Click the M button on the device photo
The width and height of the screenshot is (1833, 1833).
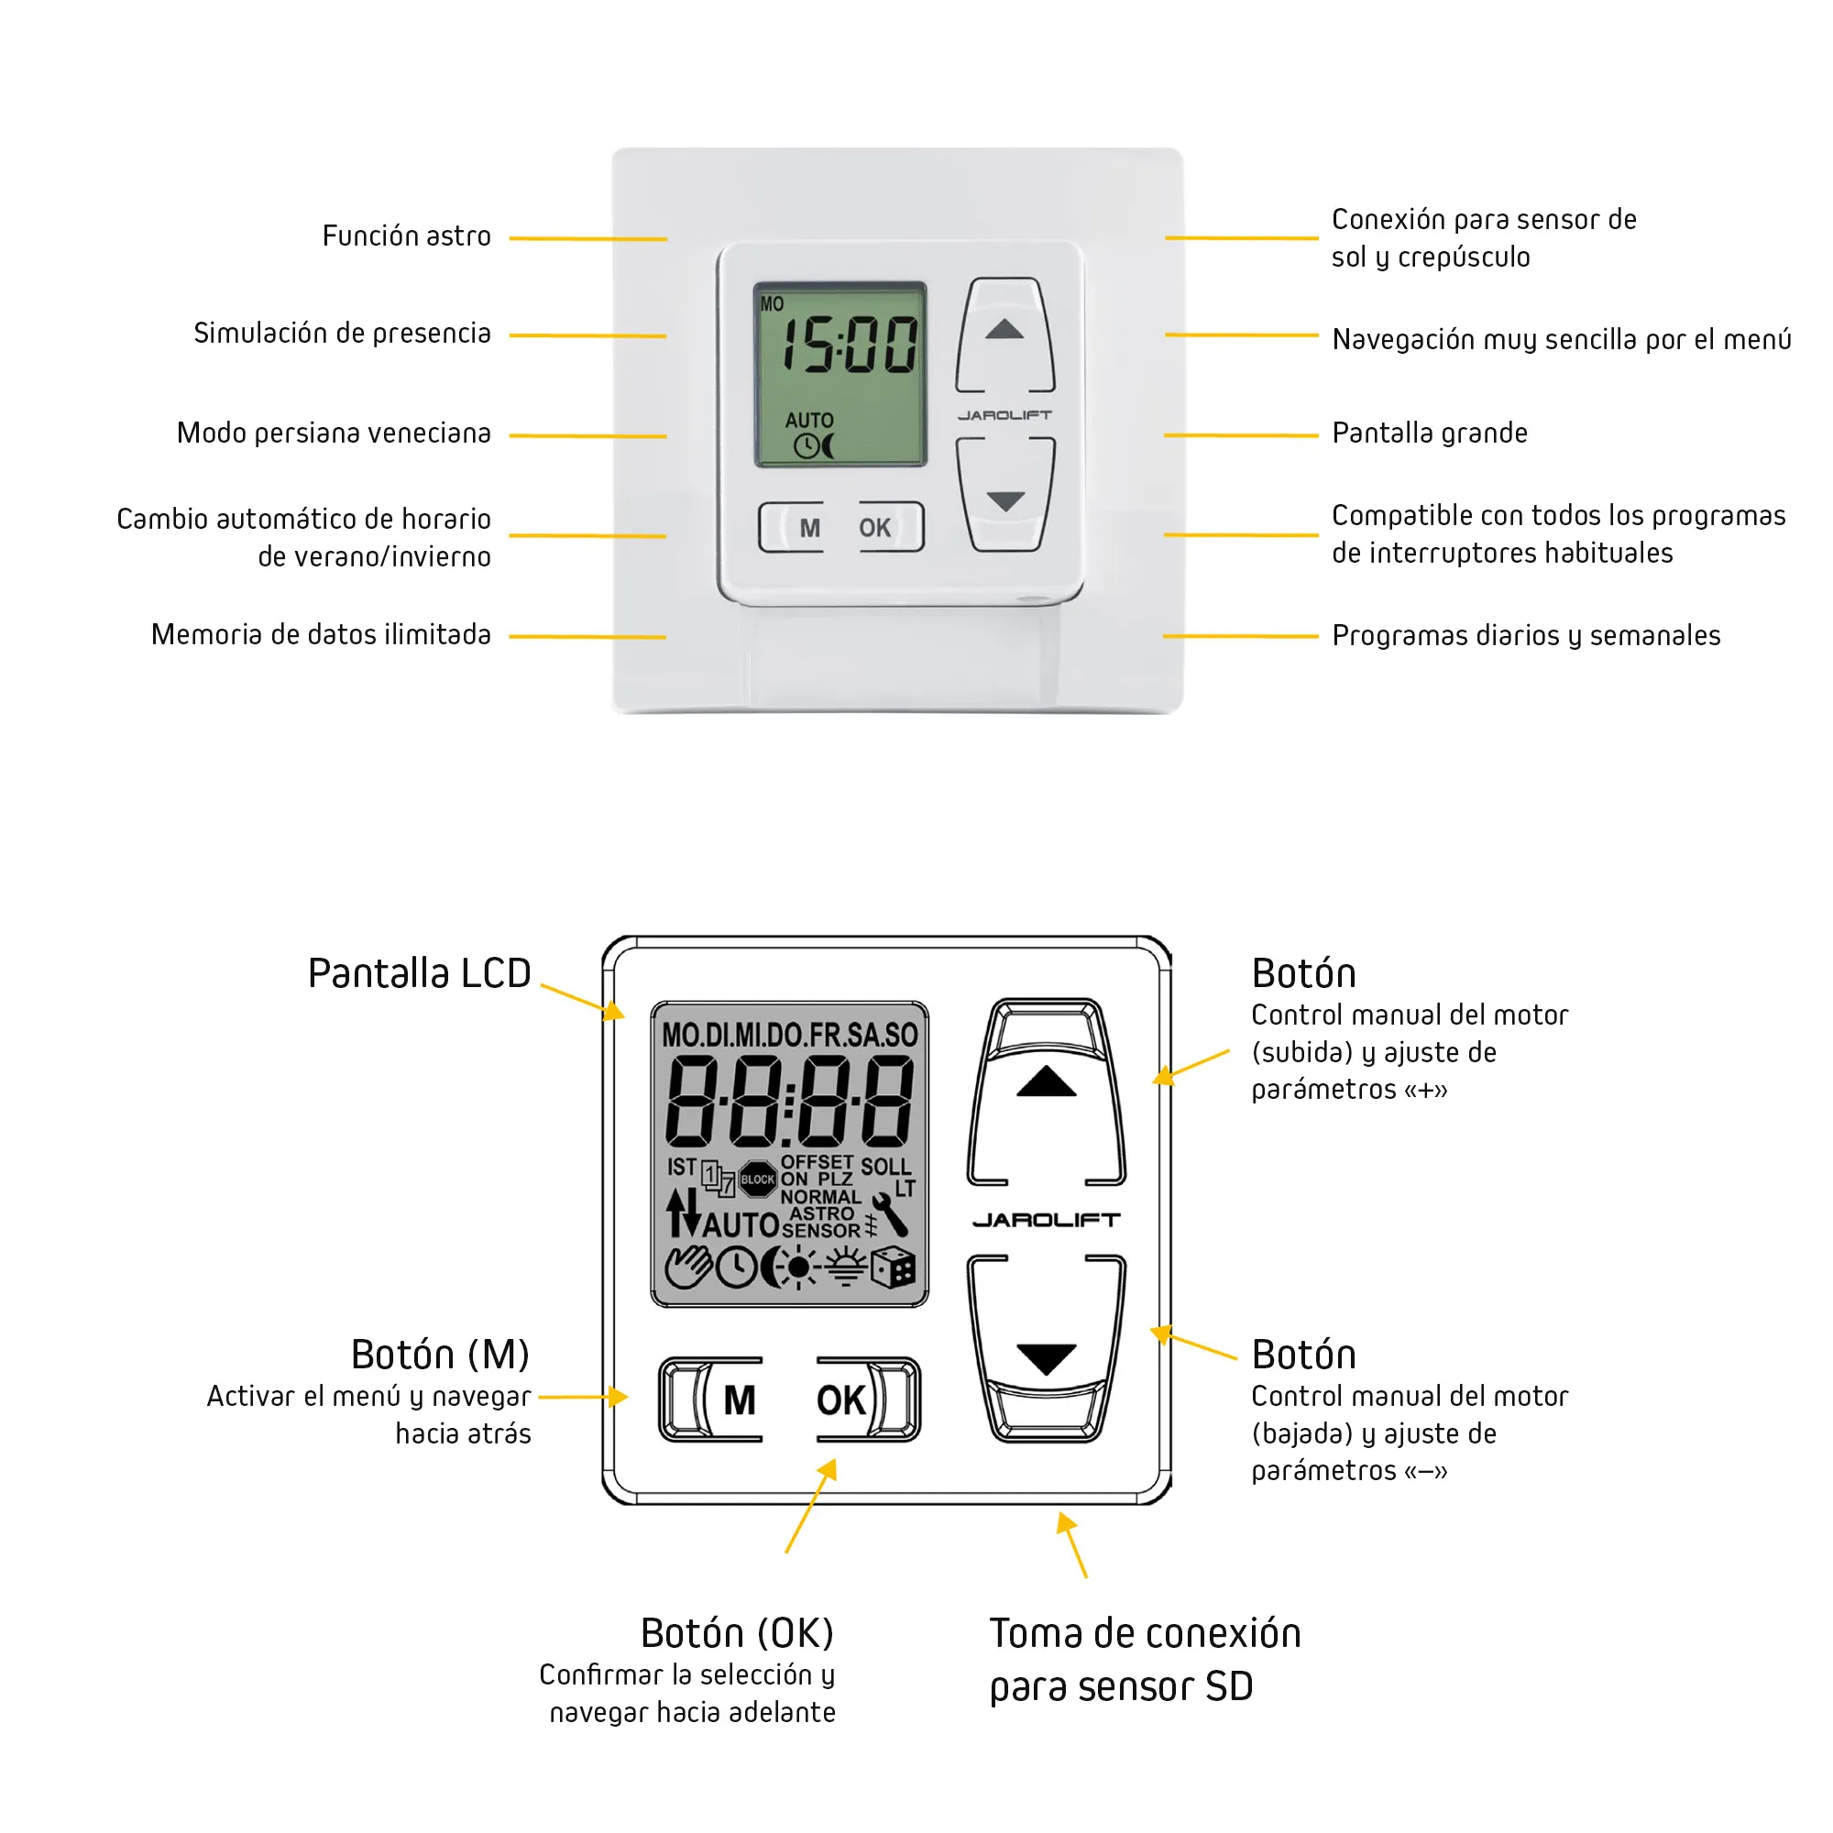(808, 528)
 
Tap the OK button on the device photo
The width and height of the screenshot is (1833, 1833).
(874, 528)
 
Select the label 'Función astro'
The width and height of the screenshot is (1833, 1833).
(406, 236)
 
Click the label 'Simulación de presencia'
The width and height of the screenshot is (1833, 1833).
(342, 333)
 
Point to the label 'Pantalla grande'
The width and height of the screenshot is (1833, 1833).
(1429, 434)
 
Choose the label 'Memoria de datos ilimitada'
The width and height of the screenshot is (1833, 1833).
(321, 635)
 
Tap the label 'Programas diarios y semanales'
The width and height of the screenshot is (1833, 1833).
(1526, 636)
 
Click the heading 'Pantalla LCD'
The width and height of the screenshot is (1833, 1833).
(419, 973)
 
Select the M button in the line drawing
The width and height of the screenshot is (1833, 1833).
(738, 1400)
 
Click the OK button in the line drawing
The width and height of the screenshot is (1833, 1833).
(840, 1400)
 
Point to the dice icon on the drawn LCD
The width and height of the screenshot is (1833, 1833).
(893, 1268)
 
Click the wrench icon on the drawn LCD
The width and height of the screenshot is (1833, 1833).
(891, 1214)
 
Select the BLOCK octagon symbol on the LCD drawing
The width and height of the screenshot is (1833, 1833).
(757, 1180)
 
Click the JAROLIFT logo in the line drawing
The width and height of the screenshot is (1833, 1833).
(1046, 1220)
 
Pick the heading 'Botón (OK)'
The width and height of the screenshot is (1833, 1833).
(737, 1634)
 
